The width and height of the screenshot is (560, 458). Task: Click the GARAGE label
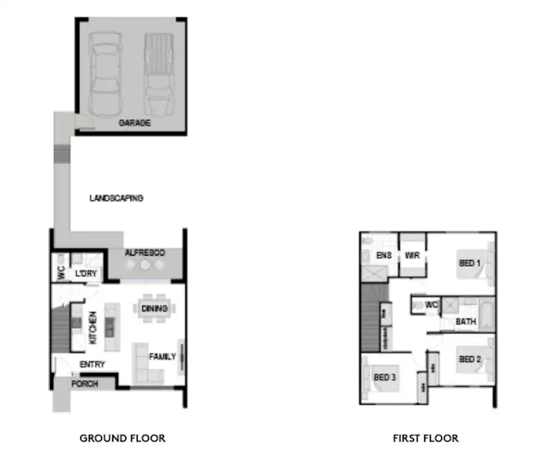pyautogui.click(x=134, y=123)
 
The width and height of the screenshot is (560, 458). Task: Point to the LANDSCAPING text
pyautogui.click(x=116, y=198)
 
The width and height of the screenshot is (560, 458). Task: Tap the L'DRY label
pyautogui.click(x=86, y=275)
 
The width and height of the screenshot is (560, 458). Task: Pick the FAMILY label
pyautogui.click(x=162, y=357)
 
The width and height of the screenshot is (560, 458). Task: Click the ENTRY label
pyautogui.click(x=93, y=365)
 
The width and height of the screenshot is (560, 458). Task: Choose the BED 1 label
pyautogui.click(x=470, y=263)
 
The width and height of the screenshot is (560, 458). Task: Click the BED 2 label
pyautogui.click(x=470, y=360)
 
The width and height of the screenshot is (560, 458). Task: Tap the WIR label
pyautogui.click(x=412, y=256)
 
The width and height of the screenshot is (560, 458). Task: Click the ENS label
pyautogui.click(x=384, y=256)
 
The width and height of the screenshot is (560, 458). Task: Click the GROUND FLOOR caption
pyautogui.click(x=122, y=438)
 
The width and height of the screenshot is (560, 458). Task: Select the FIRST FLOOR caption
pyautogui.click(x=426, y=438)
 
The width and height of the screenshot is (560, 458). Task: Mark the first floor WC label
pyautogui.click(x=431, y=305)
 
